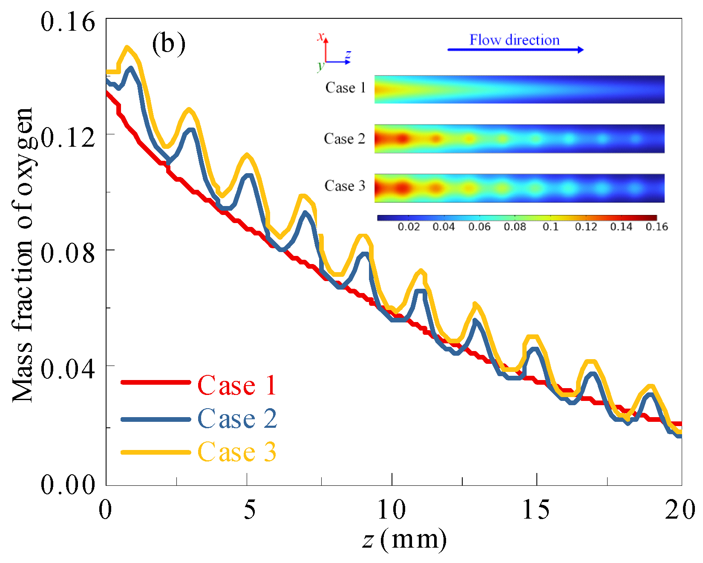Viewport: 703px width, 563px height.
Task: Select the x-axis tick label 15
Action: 536,509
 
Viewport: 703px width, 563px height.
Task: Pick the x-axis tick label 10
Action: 392,509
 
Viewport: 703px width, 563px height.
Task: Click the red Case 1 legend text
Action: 237,385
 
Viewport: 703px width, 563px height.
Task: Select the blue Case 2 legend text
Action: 237,418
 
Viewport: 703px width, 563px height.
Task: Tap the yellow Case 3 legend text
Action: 237,452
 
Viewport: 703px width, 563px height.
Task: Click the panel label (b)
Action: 169,44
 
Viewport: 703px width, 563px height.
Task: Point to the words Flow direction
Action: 514,40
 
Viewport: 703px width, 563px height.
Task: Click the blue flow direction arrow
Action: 516,50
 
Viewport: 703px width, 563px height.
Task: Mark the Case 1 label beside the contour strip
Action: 346,87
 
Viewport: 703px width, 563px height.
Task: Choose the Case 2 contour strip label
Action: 345,139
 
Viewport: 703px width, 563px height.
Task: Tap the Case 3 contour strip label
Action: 345,186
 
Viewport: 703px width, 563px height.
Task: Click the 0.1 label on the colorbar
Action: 550,227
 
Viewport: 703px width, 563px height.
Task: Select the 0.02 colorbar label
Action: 409,227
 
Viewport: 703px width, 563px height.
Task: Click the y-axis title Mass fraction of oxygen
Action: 23,255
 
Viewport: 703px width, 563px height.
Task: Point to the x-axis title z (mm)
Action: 405,540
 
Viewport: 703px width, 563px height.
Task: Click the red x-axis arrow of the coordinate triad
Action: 326,50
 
